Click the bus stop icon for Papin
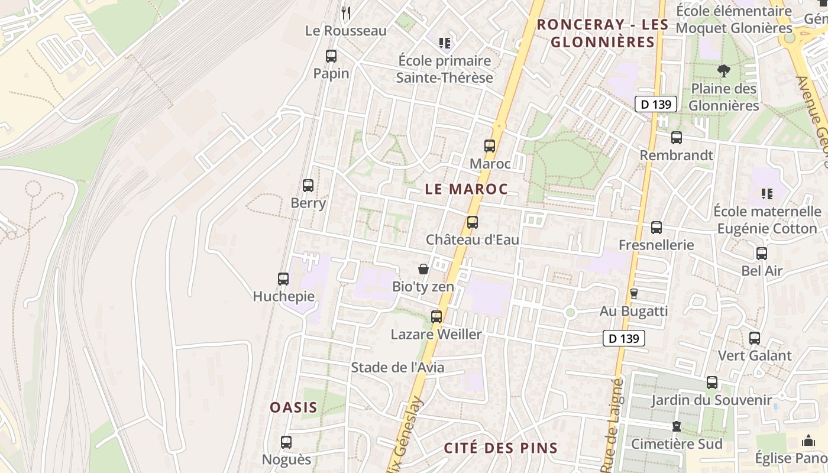coord(331,56)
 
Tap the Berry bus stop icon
coord(308,186)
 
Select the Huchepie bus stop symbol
coord(283,279)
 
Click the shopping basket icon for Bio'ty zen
coord(423,269)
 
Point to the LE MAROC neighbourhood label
coord(466,189)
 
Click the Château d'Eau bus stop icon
coord(472,222)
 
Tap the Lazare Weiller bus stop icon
coord(436,317)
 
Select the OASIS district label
coord(293,407)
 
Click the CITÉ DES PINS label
coord(501,448)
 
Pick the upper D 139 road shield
coord(656,105)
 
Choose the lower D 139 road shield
coord(624,339)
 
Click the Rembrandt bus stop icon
coord(677,138)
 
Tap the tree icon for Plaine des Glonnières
coord(723,72)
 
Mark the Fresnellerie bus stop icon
coord(656,228)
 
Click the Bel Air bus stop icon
coord(762,254)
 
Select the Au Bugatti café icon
coord(634,294)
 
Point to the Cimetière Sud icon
coord(677,426)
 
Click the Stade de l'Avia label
coord(397,367)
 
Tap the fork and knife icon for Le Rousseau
coord(346,12)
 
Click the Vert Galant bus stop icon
coord(755,338)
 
